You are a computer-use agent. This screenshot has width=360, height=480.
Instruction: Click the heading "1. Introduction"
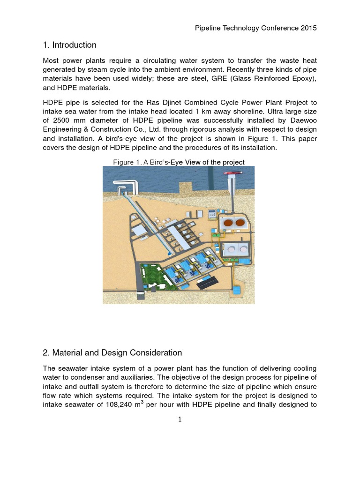coord(69,45)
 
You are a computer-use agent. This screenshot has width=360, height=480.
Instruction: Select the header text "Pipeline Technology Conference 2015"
coord(256,28)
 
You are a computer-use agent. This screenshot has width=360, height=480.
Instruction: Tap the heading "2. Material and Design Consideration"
coord(112,352)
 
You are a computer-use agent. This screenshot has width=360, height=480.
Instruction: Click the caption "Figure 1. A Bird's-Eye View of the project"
coord(179,162)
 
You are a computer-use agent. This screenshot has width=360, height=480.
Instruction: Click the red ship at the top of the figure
coord(232,173)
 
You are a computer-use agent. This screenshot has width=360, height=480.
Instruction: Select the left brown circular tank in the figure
coord(228,223)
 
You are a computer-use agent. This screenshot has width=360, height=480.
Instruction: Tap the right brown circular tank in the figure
coord(242,223)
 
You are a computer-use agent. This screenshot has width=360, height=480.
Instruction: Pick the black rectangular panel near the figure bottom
coord(206,283)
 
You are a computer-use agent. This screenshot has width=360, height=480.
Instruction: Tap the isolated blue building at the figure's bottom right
coord(239,291)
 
